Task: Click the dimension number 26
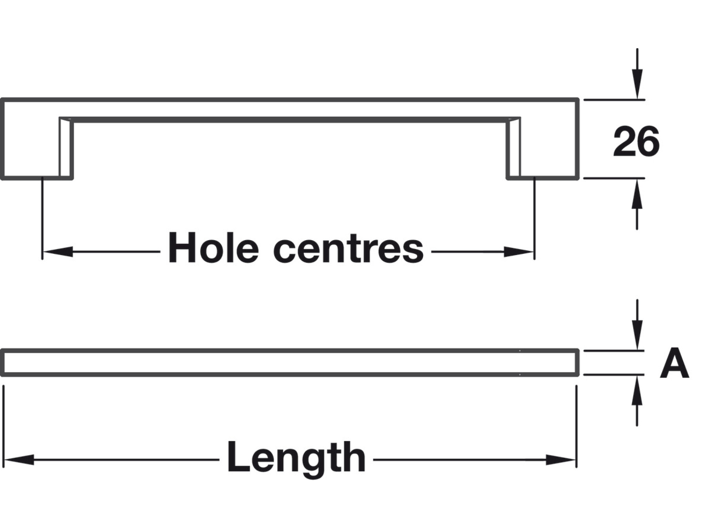[636, 141]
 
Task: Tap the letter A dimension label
[674, 363]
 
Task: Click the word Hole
[213, 248]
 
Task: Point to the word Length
[296, 458]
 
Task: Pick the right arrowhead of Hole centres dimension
[519, 252]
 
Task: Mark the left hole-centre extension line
[42, 219]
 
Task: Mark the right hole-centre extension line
[534, 219]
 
